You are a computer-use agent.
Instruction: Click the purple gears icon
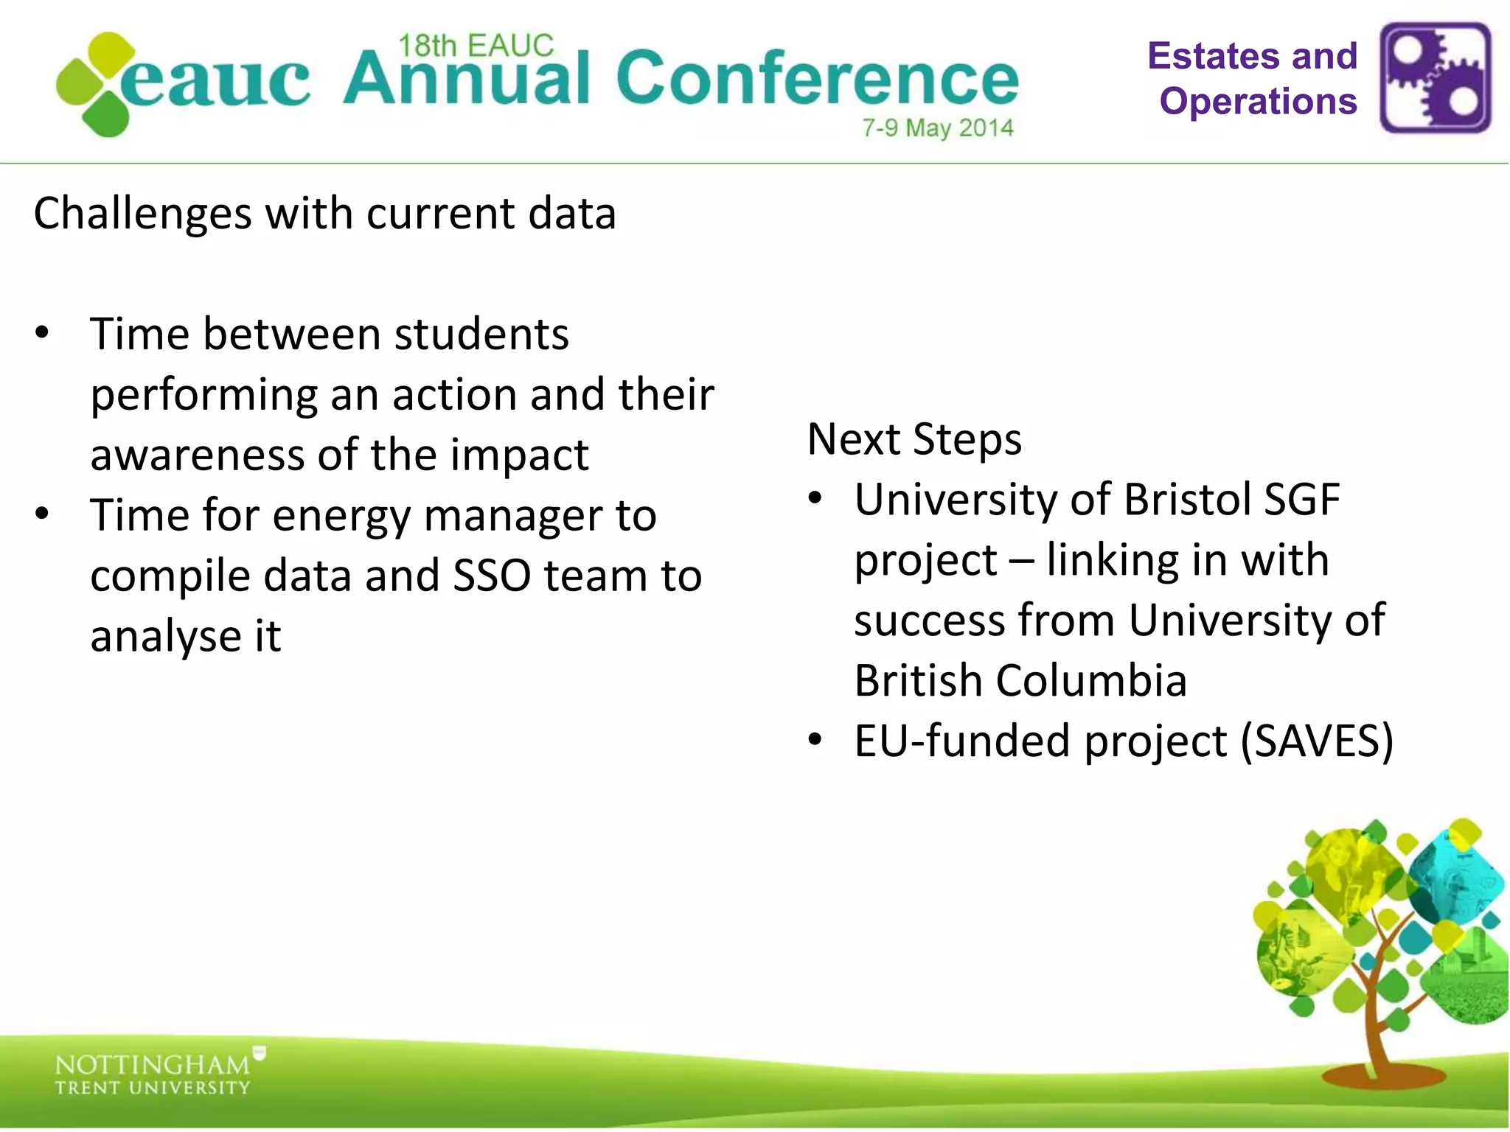point(1435,77)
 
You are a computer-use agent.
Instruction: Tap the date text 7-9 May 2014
point(938,128)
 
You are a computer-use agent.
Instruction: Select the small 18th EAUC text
point(476,46)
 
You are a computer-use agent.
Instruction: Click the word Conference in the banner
point(817,80)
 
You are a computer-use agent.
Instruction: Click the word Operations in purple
point(1258,102)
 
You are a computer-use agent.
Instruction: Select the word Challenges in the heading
point(142,214)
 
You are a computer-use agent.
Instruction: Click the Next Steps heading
point(914,439)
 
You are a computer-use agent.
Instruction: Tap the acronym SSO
point(491,576)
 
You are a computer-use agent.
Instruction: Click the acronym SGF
point(1301,500)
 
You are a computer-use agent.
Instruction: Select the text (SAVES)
point(1317,741)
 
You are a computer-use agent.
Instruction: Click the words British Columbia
point(1020,680)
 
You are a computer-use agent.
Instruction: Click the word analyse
point(166,636)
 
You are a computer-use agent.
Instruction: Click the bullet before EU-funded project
point(814,739)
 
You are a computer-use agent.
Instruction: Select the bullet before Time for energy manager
point(42,514)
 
